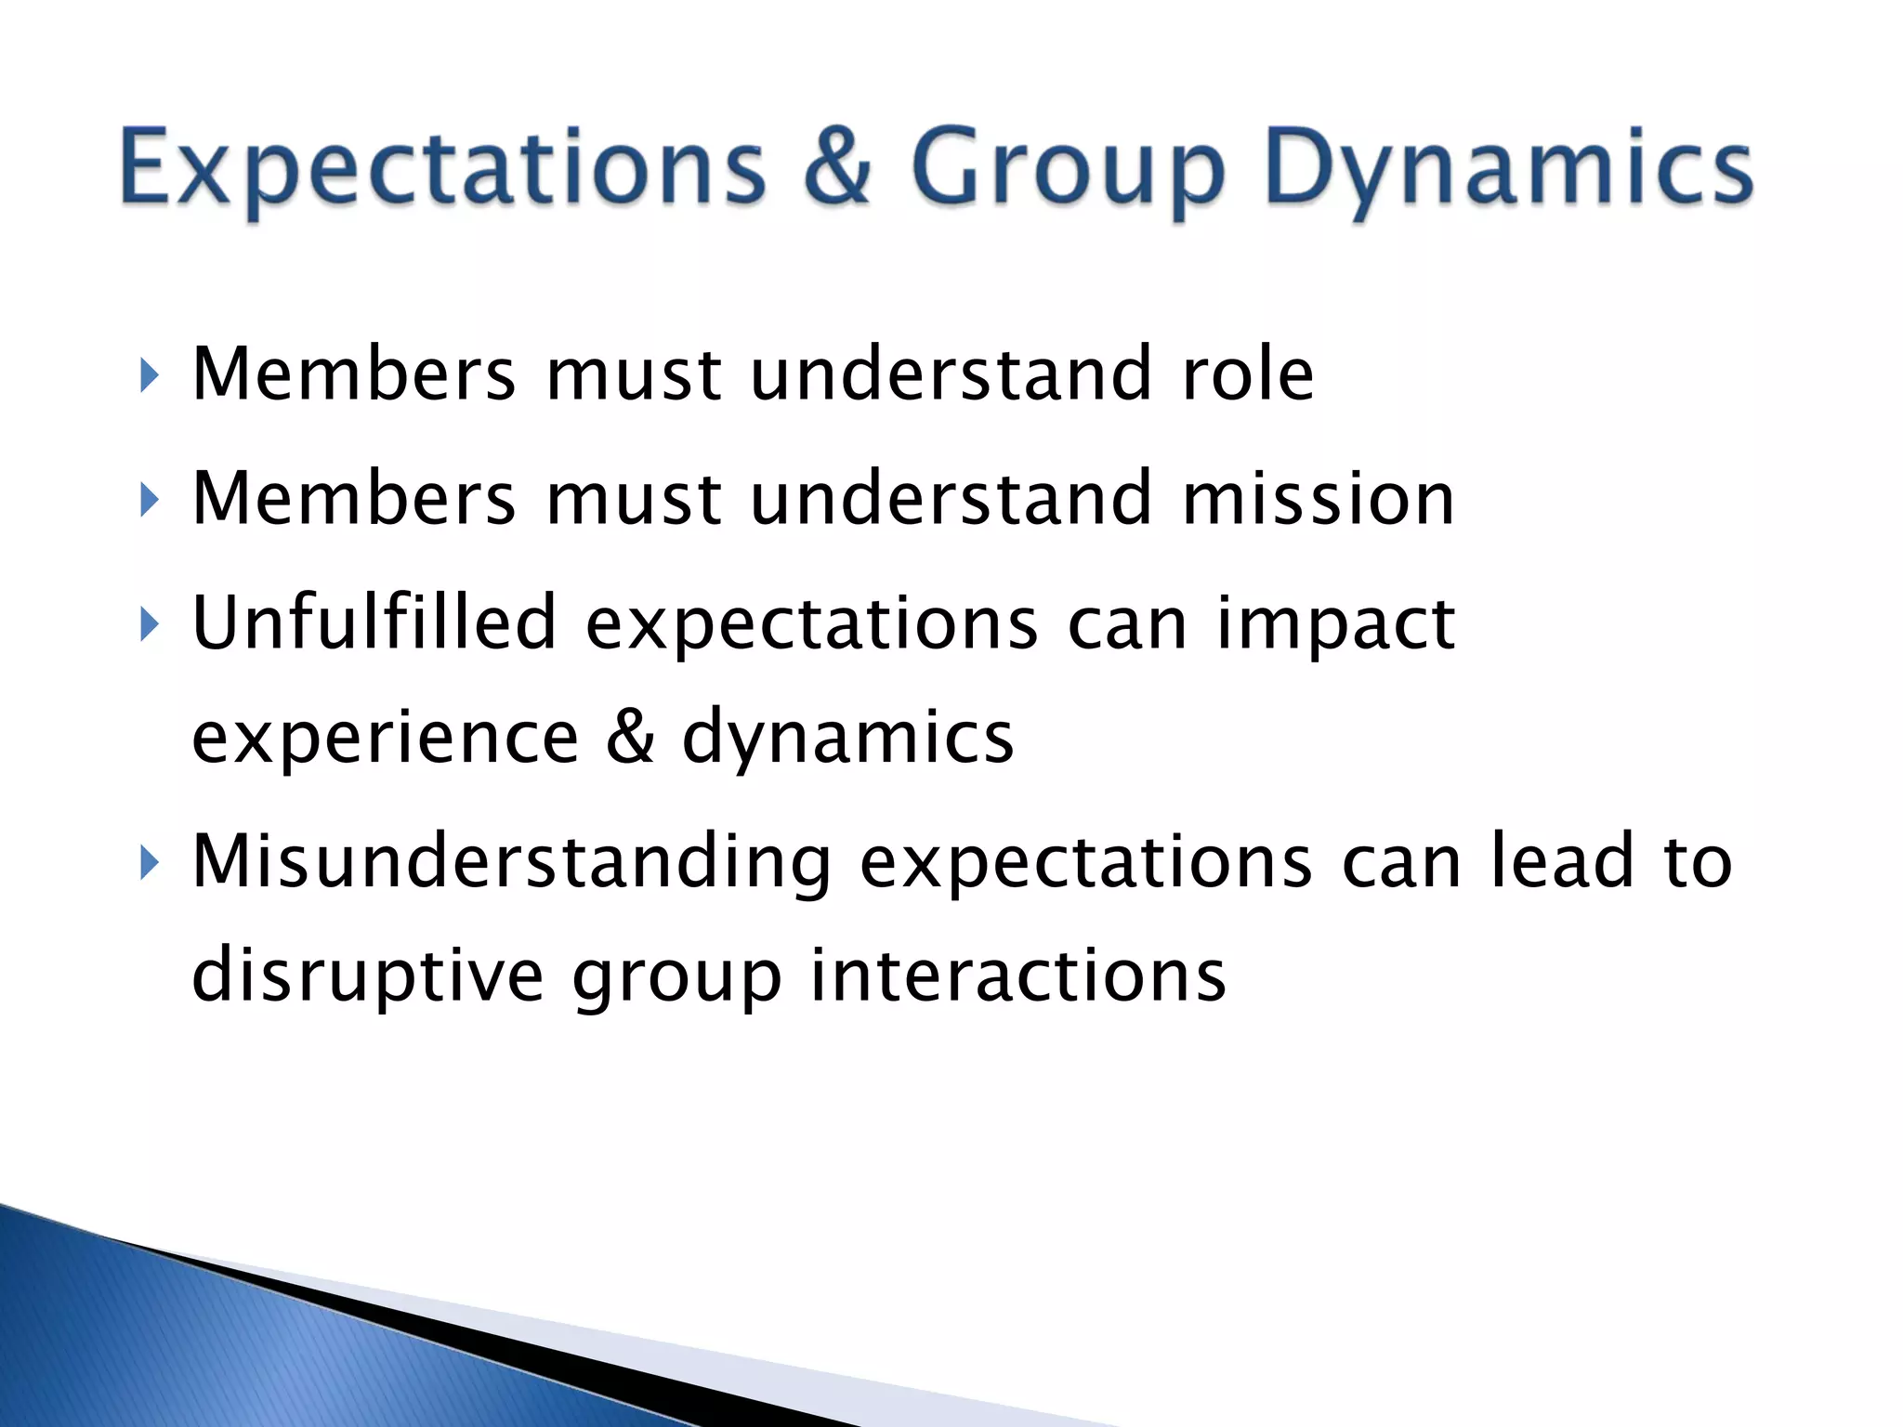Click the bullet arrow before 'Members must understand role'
(x=150, y=376)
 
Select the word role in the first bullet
(x=1247, y=374)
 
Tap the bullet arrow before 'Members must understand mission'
(x=150, y=501)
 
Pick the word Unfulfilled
(x=374, y=622)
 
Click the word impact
(x=1335, y=625)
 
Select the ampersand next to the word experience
(x=630, y=736)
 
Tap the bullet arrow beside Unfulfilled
(x=150, y=625)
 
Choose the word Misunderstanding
(x=511, y=863)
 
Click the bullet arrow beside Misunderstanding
(x=150, y=864)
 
